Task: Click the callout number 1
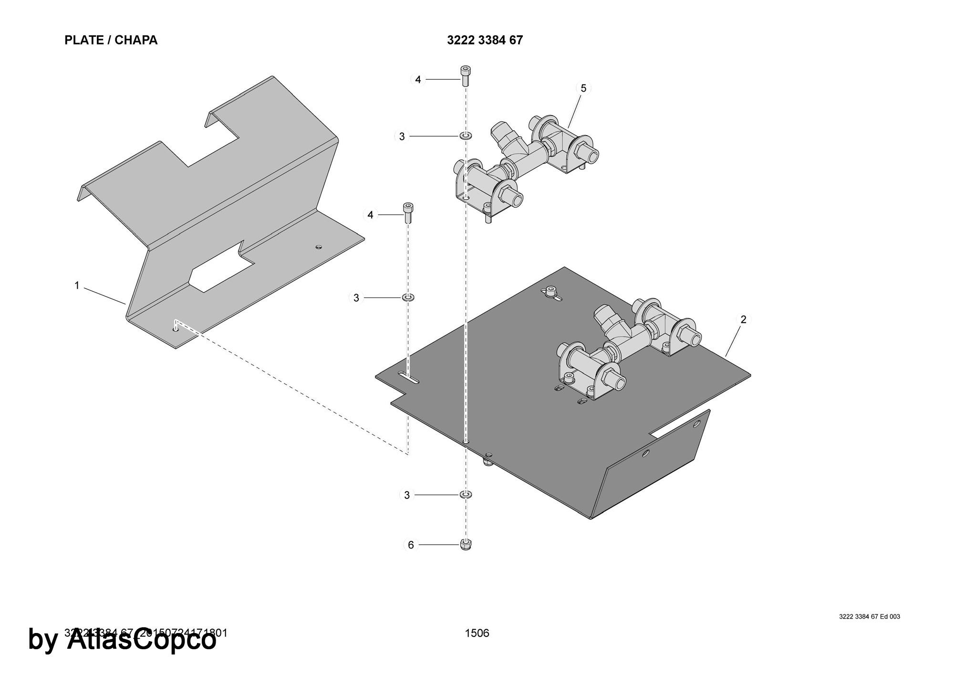click(x=77, y=285)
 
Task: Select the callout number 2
click(x=743, y=319)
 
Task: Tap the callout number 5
click(x=583, y=88)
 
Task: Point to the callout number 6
click(x=411, y=545)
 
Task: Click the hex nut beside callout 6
click(x=466, y=544)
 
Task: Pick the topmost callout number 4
click(x=418, y=80)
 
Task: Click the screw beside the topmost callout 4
click(x=466, y=75)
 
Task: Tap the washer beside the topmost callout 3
click(x=466, y=137)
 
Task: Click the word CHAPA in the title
click(x=136, y=40)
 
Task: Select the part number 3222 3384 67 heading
click(x=485, y=40)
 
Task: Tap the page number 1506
click(x=477, y=633)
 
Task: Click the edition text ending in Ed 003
click(x=869, y=617)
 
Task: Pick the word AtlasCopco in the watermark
click(x=142, y=640)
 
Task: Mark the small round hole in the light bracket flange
click(x=319, y=247)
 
